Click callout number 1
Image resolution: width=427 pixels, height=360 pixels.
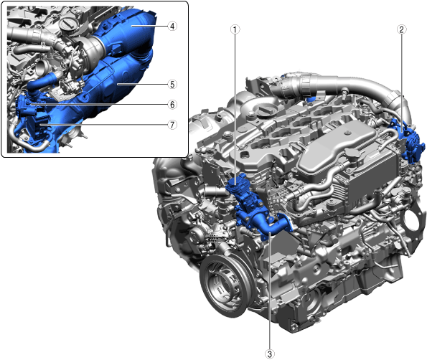tap(235, 29)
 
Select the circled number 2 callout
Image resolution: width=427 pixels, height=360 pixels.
tap(401, 29)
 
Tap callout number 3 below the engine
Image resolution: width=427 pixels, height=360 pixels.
tap(269, 354)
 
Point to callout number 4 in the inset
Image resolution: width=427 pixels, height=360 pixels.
tap(172, 26)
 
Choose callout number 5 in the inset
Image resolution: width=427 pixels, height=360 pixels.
tap(172, 84)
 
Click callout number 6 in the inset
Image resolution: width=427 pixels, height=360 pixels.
tap(172, 105)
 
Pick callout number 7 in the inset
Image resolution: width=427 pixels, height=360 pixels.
tap(172, 125)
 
